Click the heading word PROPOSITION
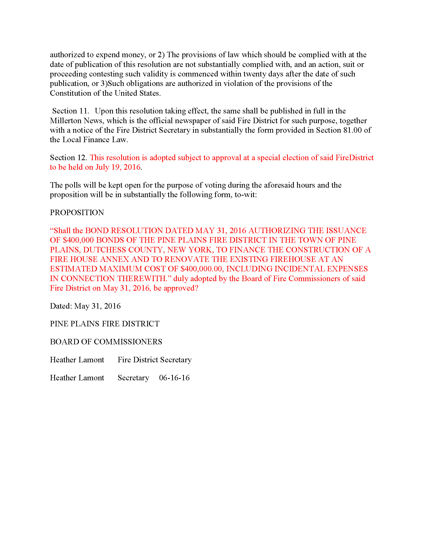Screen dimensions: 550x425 [77, 213]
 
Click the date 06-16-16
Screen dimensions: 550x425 [174, 378]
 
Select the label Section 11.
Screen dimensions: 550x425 [70, 111]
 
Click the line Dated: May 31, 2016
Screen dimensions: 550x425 [85, 306]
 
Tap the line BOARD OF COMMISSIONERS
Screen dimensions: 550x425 [106, 342]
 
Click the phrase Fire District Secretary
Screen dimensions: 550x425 [155, 360]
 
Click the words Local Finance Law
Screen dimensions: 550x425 [95, 140]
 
